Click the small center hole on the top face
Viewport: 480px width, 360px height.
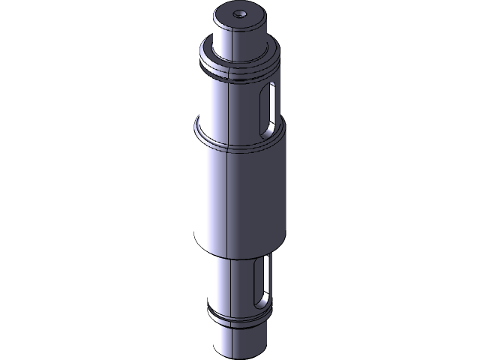(240, 13)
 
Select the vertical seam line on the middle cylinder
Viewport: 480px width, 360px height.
(227, 195)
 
